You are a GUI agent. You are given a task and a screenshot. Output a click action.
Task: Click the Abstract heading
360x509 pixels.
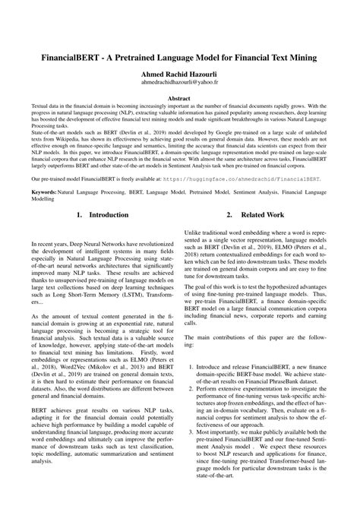tap(179, 99)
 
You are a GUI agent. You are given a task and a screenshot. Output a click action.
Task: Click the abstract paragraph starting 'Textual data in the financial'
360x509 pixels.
tap(179, 122)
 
